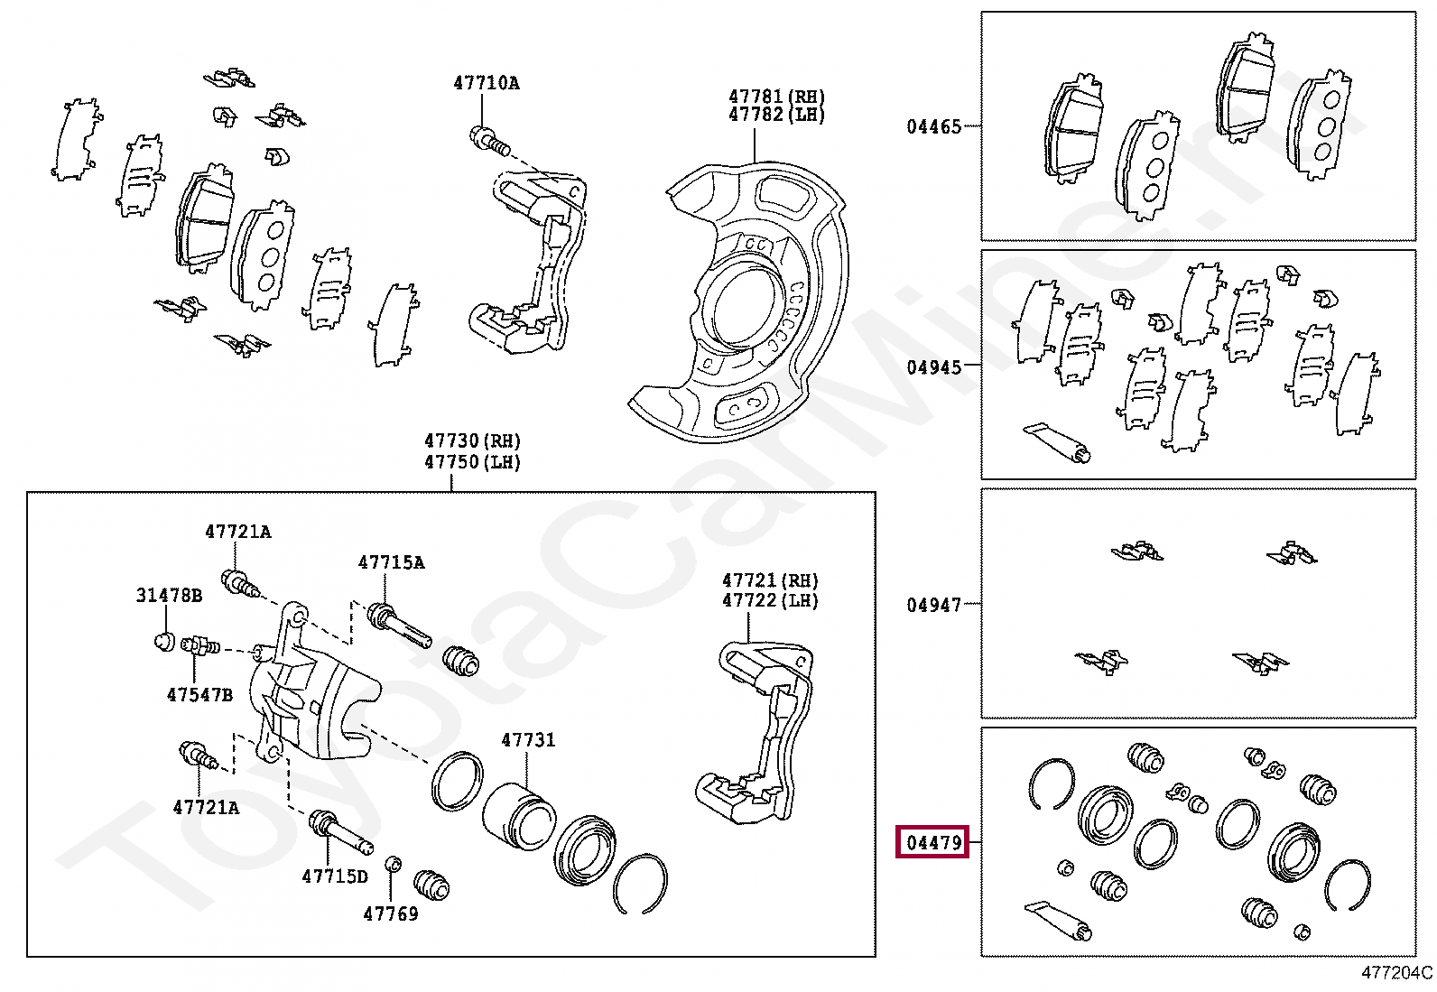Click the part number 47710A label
pyautogui.click(x=487, y=83)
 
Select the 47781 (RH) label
pyautogui.click(x=776, y=97)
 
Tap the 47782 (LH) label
pyautogui.click(x=776, y=115)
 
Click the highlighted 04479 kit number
pyautogui.click(x=933, y=842)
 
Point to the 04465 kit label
pyautogui.click(x=933, y=127)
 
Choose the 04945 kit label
pyautogui.click(x=933, y=367)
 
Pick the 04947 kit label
pyautogui.click(x=933, y=605)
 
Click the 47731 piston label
pyautogui.click(x=528, y=740)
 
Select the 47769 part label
pyautogui.click(x=390, y=913)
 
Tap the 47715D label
pyautogui.click(x=335, y=876)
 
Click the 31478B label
pyautogui.click(x=169, y=596)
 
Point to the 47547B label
pyautogui.click(x=199, y=694)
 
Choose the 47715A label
pyautogui.click(x=391, y=562)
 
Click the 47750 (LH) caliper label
pyautogui.click(x=472, y=462)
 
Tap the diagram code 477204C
pyautogui.click(x=1396, y=973)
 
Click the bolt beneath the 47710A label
pyautogui.click(x=490, y=142)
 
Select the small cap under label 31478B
pyautogui.click(x=165, y=642)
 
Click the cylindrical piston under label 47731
pyautogui.click(x=519, y=815)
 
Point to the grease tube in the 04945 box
pyautogui.click(x=1057, y=442)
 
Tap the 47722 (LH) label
pyautogui.click(x=770, y=600)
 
